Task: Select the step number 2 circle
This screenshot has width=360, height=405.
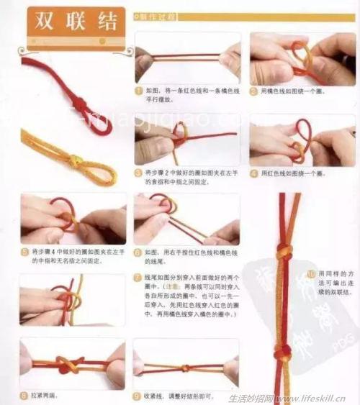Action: coord(253,91)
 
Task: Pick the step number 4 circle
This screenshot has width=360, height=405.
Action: coord(253,173)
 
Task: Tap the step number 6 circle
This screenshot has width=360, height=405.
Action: coord(138,252)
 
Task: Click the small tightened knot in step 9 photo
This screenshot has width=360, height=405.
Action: coord(185,367)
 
